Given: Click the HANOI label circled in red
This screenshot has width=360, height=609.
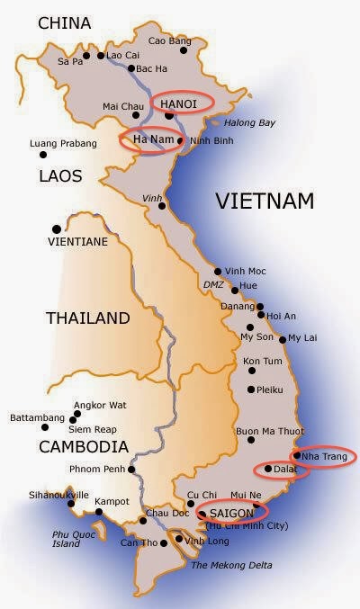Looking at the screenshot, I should point(178,104).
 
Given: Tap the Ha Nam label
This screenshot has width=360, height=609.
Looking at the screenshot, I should point(150,140).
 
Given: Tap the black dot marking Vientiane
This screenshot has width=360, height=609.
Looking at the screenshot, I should point(58,228).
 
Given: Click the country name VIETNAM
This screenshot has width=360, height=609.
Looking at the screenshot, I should point(264,202).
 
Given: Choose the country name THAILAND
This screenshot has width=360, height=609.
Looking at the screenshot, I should point(87,318).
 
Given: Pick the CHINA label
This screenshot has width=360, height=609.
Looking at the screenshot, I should point(65,22).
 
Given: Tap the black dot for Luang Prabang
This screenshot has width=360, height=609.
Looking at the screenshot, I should point(42,155).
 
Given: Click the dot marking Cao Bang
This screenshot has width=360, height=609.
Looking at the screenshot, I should point(183,50).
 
